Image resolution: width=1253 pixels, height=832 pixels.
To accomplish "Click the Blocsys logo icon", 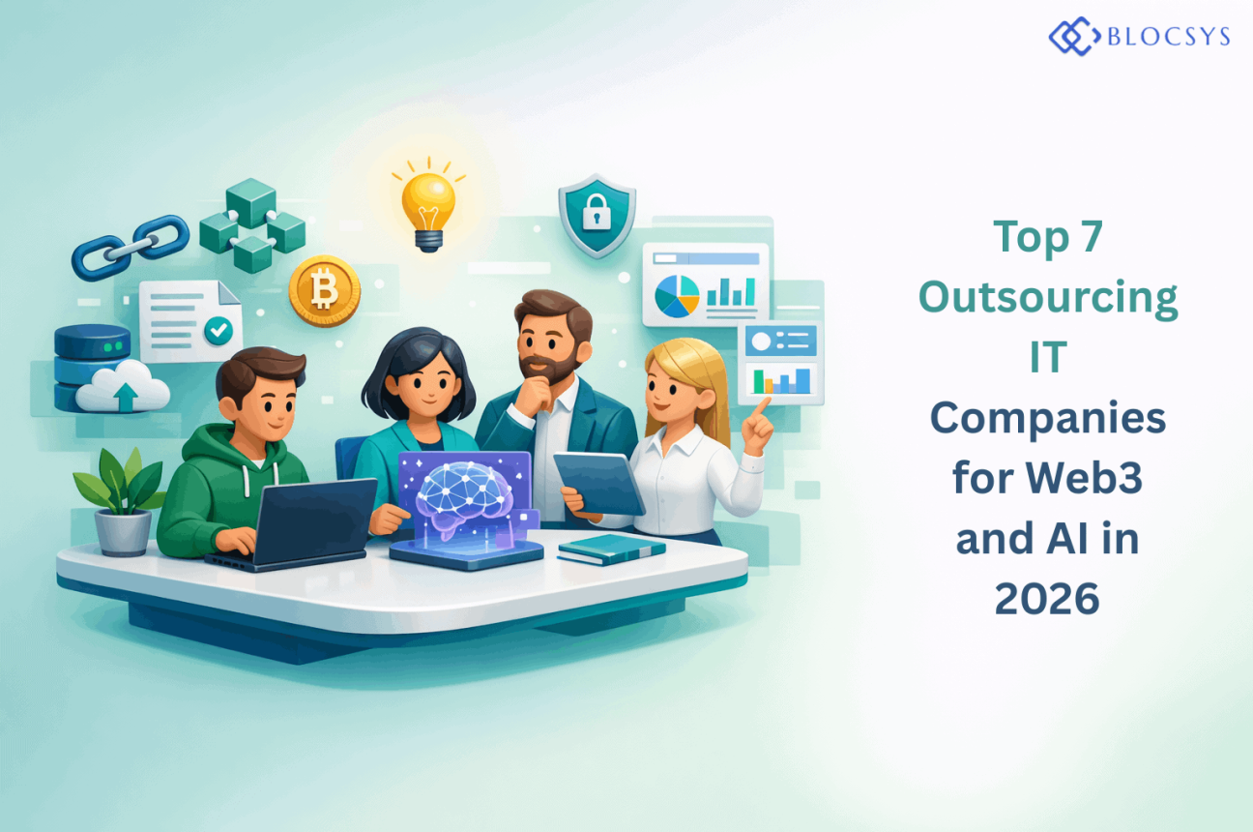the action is coord(1074,37).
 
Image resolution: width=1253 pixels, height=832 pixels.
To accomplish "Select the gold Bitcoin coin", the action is coord(325,290).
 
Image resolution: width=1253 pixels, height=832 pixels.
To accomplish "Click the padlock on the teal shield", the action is coord(597,212).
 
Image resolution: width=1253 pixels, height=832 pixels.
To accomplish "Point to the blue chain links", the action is coord(131,247).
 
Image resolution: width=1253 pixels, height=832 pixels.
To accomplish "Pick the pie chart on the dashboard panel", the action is coord(677,296).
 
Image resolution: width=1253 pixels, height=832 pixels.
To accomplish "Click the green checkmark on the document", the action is coord(219,330).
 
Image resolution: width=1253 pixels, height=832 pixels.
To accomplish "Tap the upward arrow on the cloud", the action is coord(126,396).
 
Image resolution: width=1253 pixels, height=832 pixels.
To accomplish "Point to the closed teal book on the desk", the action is coord(611,549).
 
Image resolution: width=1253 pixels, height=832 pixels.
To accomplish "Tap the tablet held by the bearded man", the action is coord(599,483).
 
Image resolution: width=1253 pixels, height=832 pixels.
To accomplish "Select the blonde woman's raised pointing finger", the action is coord(760,407).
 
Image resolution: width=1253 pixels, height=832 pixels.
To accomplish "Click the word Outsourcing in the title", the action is coord(1048,297).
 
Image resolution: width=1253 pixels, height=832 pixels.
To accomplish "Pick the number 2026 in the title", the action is coord(1047,599).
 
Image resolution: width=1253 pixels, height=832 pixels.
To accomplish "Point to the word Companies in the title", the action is coord(1048,418).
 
